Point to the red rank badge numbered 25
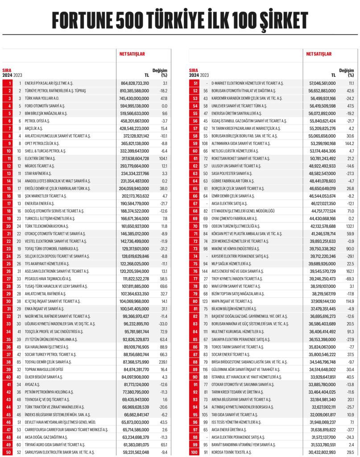pos(8,264)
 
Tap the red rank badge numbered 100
pos(194,453)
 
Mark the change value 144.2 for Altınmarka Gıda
pos(349,144)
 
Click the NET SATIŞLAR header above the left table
pos(132,54)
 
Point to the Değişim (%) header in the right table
pos(346,73)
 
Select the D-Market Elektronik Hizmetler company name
pos(247,83)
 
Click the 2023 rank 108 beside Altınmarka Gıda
pos(206,144)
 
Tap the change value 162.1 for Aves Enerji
pos(349,271)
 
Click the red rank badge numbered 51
pos(194,83)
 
